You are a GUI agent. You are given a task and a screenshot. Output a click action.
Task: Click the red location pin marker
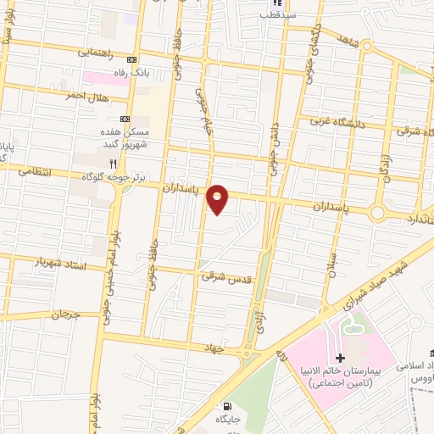click(x=218, y=199)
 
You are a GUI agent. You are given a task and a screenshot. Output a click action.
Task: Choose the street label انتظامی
click(x=33, y=171)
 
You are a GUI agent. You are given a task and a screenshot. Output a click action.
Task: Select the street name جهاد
click(x=212, y=347)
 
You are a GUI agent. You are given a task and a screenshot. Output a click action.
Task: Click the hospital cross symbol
click(x=340, y=359)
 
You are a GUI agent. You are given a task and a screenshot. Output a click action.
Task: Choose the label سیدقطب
click(x=277, y=14)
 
